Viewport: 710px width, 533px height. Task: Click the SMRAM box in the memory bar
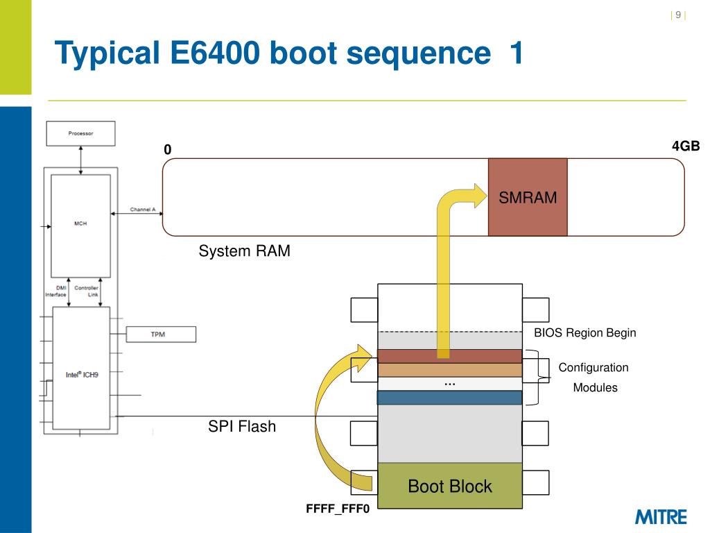(528, 197)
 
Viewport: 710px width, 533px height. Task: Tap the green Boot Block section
(449, 486)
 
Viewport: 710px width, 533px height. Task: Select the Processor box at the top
(80, 133)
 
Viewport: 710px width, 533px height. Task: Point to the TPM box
(160, 335)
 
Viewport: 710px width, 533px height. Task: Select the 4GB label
(685, 146)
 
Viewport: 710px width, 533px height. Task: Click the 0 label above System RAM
(167, 150)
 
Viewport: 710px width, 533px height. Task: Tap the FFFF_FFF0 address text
(338, 509)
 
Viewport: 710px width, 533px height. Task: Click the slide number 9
(678, 16)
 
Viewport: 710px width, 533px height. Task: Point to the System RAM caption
(244, 251)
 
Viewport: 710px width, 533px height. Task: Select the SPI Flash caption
(242, 426)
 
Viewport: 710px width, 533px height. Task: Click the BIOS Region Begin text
(585, 333)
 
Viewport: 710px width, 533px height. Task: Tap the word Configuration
(594, 368)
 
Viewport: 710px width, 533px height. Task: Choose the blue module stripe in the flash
(449, 398)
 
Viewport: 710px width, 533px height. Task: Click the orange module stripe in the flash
(449, 370)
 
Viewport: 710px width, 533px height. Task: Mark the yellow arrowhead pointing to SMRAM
(478, 196)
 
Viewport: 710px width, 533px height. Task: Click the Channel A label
(142, 210)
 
